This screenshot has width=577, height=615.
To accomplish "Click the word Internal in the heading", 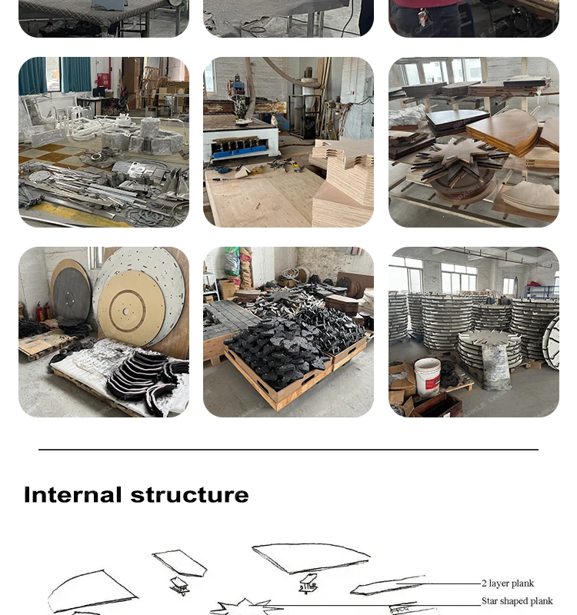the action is pyautogui.click(x=72, y=494).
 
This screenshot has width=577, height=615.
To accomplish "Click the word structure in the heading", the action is pyautogui.click(x=189, y=495).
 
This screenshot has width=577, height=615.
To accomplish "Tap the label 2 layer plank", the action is pyautogui.click(x=508, y=583).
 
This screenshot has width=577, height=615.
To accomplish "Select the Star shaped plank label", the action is pyautogui.click(x=517, y=601).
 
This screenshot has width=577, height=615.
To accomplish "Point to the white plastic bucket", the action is pyautogui.click(x=427, y=377).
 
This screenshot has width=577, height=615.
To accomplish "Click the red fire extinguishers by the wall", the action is pyautogui.click(x=43, y=311).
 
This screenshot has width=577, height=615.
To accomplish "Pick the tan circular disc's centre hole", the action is pyautogui.click(x=126, y=311).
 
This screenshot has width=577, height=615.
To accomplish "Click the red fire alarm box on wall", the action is pyautogui.click(x=103, y=81).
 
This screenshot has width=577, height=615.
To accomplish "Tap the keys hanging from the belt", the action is pyautogui.click(x=422, y=17).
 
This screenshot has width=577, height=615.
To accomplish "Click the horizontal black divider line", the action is pyautogui.click(x=288, y=450).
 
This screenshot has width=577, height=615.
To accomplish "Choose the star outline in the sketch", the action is pyautogui.click(x=245, y=607).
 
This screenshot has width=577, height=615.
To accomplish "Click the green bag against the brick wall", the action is pyautogui.click(x=232, y=261).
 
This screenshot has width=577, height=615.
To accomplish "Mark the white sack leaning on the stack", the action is pyautogui.click(x=495, y=366).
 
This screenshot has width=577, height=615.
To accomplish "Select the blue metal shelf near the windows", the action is pyautogui.click(x=542, y=292).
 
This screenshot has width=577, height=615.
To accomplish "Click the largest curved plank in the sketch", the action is pyautogui.click(x=310, y=558).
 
